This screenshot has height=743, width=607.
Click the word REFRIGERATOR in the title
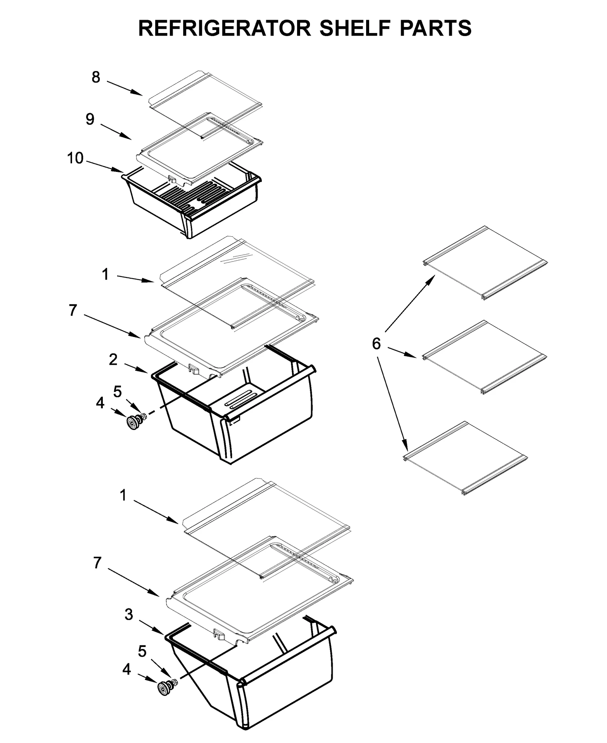coord(224,28)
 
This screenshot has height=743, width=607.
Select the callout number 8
coord(96,77)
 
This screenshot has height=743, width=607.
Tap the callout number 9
coord(90,119)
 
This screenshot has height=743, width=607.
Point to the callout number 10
coord(75,158)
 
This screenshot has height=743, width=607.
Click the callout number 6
coord(376,344)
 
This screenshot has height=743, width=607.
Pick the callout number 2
coord(113,360)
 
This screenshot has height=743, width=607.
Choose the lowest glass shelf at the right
coord(465,457)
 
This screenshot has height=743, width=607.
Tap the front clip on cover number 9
coord(171,178)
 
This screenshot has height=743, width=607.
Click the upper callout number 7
coord(73,310)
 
